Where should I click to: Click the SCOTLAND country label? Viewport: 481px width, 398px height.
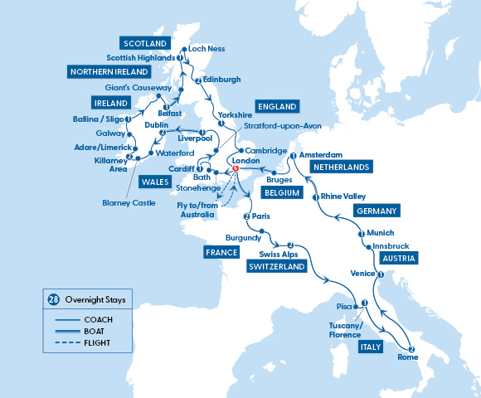[x=144, y=43]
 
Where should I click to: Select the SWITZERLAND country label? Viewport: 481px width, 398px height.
[x=276, y=267]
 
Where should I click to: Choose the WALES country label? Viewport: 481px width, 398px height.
[x=152, y=205]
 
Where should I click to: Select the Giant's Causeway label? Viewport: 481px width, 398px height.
[x=138, y=88]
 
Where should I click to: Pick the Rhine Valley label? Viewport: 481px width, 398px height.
[x=343, y=197]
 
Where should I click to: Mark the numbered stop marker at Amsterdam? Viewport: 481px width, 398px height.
[x=293, y=155]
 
